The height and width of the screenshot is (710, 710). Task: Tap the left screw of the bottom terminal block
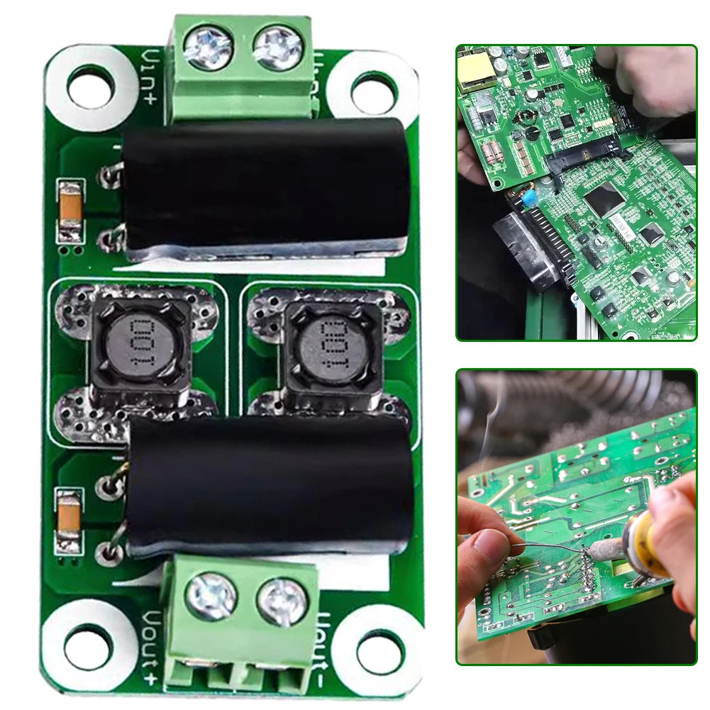[x=210, y=595]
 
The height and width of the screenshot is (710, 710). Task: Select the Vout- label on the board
[x=319, y=645]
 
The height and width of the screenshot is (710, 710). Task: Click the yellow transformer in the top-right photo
[x=472, y=70]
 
